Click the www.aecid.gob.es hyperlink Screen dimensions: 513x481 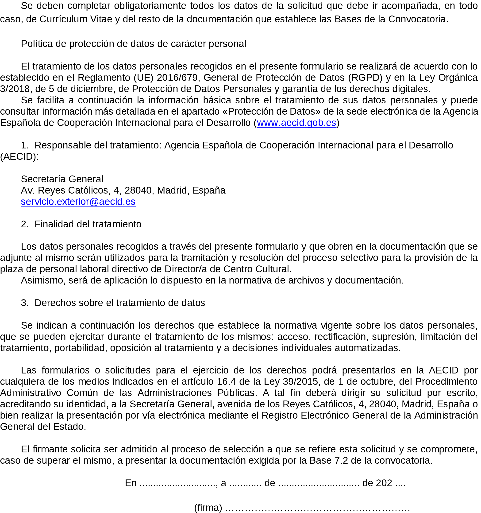[296, 123]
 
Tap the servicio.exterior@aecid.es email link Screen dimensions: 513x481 [78, 202]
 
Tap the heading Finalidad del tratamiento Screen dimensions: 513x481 [88, 224]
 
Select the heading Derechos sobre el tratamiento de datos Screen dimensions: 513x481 [120, 303]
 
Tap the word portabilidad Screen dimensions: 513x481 [81, 348]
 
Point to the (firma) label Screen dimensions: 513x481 [208, 508]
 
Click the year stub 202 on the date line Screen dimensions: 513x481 [384, 483]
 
